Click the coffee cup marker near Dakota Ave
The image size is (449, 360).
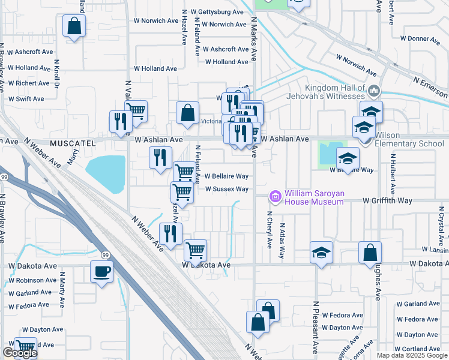101,272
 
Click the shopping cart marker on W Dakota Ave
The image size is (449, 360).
195,251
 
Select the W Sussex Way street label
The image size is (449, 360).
226,189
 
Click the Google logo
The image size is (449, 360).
20,353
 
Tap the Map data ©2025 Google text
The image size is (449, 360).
412,355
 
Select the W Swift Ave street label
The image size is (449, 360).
26,98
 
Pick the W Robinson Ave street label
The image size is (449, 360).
32,280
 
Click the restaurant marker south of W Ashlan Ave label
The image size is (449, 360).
160,158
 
